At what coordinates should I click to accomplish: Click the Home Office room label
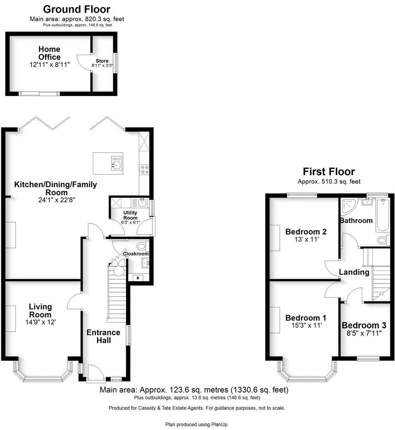tap(49, 53)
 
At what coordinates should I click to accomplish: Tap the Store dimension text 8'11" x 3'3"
tap(102, 66)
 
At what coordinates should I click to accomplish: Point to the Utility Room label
tap(130, 215)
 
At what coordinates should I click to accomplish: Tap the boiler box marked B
tap(138, 278)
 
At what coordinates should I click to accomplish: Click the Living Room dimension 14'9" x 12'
tap(40, 322)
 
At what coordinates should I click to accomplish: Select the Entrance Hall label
tap(104, 336)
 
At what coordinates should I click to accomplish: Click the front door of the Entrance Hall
tap(95, 373)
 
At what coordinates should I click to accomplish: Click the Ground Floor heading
tap(76, 9)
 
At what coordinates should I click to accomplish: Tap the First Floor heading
tap(329, 172)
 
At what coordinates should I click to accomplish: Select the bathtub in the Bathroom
tap(382, 215)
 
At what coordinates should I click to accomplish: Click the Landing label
tap(354, 272)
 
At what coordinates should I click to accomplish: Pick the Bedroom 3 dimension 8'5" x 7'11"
tap(364, 333)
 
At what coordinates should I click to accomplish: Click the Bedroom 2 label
tap(306, 232)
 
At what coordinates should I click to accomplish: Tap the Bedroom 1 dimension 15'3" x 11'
tap(306, 325)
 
